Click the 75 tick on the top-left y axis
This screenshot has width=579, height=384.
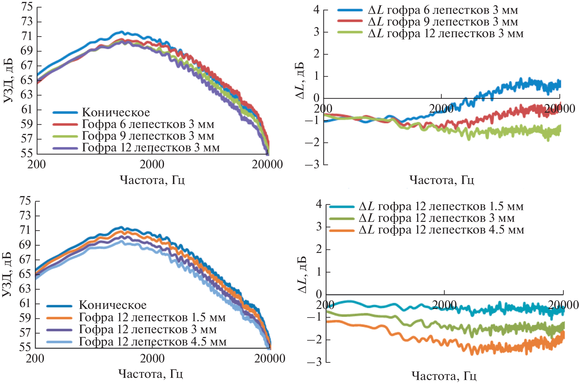[x=27, y=6]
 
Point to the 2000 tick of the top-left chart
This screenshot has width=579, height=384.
[x=152, y=164]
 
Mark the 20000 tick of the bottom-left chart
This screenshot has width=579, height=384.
[x=270, y=358]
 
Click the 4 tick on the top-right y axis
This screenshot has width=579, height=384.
[x=316, y=10]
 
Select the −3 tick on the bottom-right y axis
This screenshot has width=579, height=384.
[x=314, y=362]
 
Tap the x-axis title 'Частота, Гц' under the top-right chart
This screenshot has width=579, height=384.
[x=442, y=180]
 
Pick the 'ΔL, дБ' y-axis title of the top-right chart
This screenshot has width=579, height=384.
[x=300, y=80]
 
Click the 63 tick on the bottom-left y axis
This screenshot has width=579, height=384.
[x=25, y=289]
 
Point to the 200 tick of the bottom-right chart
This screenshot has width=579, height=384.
[x=325, y=305]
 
